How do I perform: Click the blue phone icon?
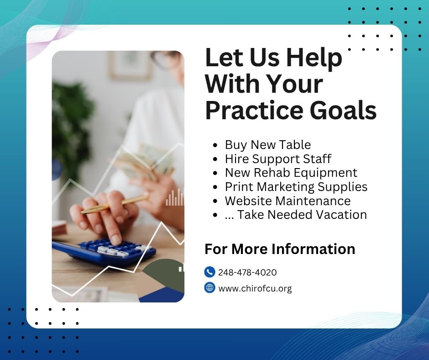click(x=209, y=272)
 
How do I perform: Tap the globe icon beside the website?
click(x=209, y=288)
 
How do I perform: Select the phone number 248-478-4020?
click(x=247, y=273)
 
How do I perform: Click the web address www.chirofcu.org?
click(x=255, y=288)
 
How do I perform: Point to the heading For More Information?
click(x=280, y=249)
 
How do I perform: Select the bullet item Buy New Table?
click(x=267, y=145)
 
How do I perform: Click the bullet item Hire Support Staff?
click(x=278, y=159)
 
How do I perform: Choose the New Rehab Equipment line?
click(x=291, y=173)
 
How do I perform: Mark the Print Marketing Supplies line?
click(x=296, y=186)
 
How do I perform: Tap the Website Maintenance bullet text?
click(x=288, y=201)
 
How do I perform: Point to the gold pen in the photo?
click(x=114, y=204)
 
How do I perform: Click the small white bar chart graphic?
click(x=174, y=197)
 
